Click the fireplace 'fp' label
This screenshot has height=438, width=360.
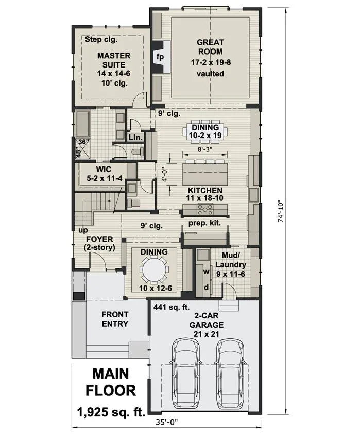160,57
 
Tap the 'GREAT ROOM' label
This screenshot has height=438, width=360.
210,47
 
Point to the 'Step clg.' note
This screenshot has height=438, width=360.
101,39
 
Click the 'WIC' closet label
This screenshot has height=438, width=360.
104,170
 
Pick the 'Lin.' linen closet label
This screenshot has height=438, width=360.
136,137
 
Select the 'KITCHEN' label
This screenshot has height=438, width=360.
205,191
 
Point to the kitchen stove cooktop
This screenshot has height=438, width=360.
205,209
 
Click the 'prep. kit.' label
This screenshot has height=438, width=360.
204,223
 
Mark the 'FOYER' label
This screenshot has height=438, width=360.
99,240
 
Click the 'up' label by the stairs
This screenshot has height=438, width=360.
83,230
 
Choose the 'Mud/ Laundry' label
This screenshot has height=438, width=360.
231,260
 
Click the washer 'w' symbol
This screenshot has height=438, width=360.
206,272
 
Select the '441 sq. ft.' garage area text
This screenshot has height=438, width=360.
172,307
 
